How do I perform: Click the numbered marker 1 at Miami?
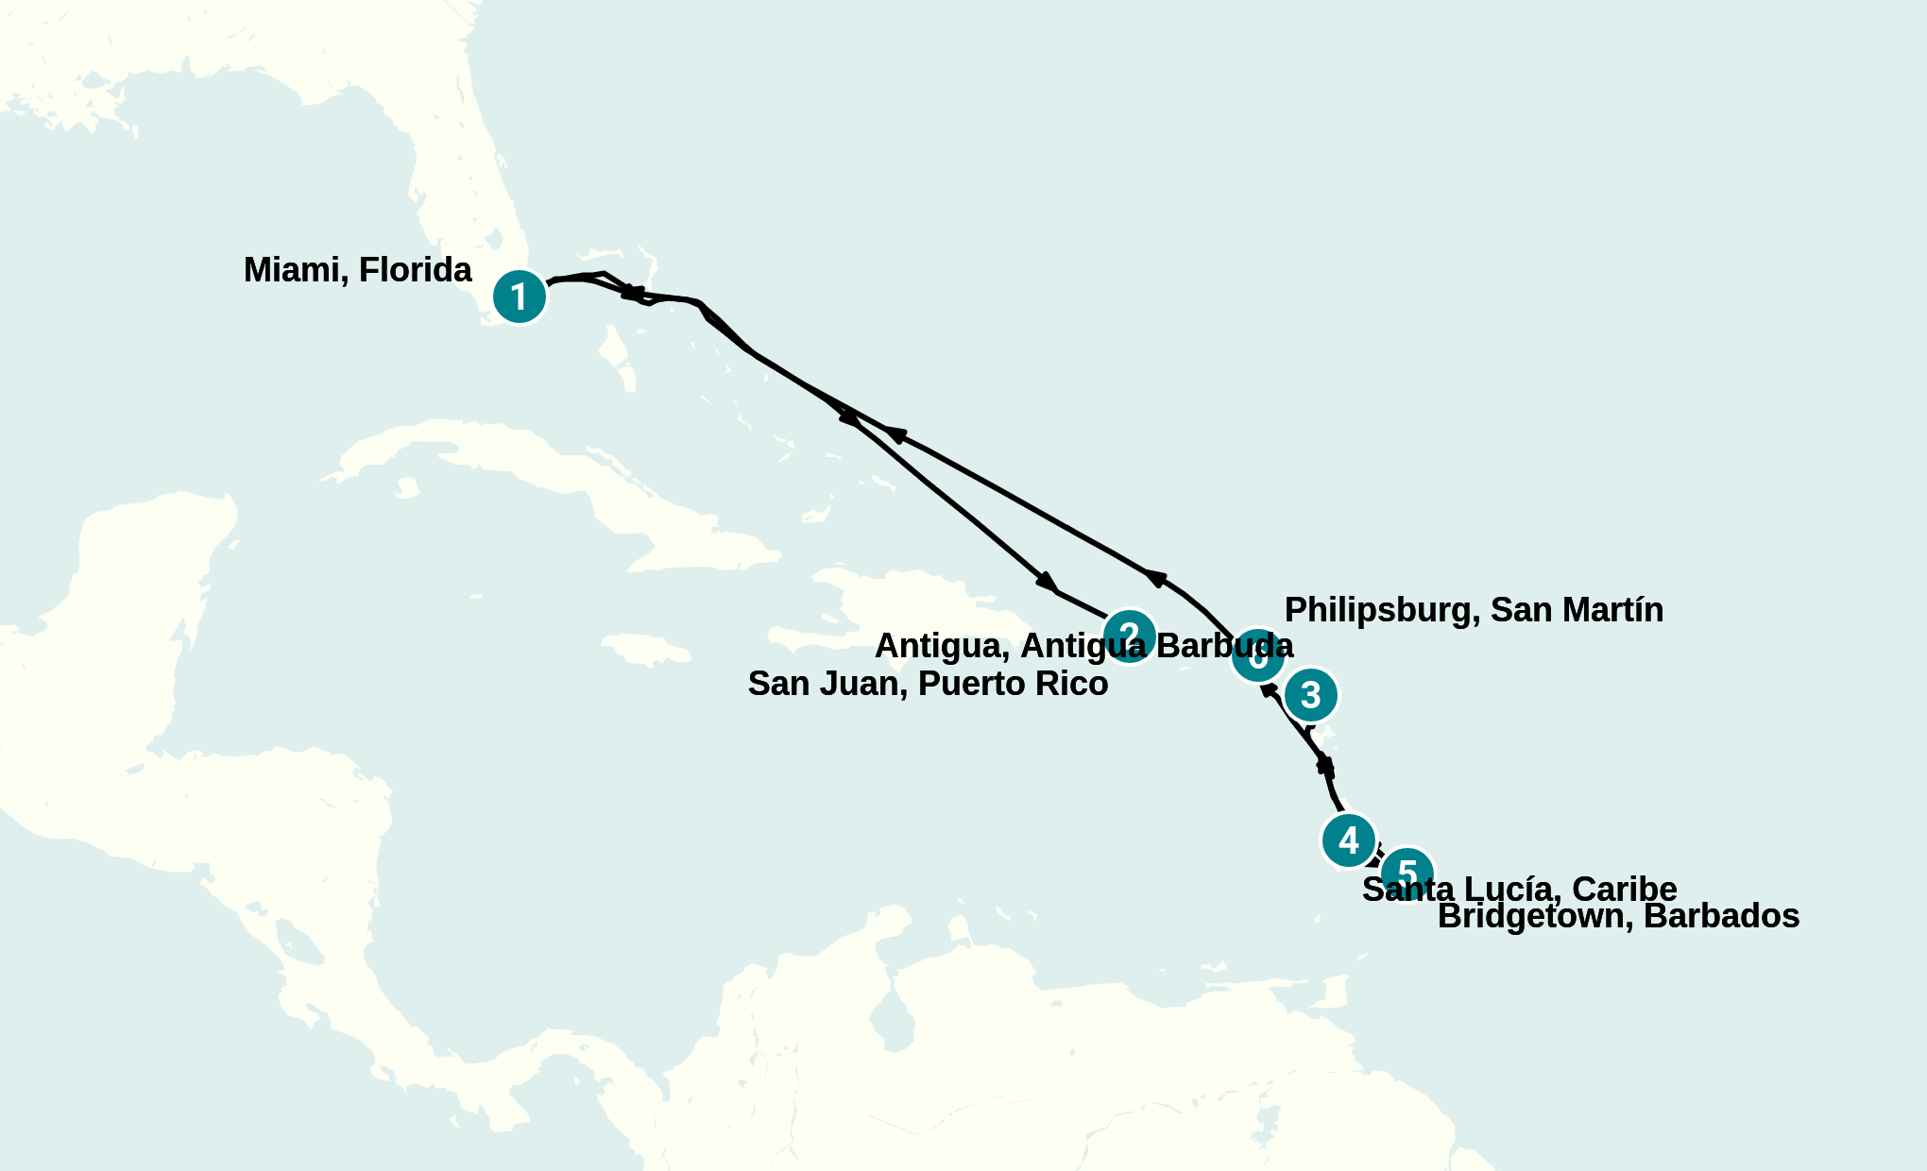(520, 297)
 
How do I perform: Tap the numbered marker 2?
(1129, 636)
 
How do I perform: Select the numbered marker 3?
(1311, 695)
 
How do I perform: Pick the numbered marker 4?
(1348, 840)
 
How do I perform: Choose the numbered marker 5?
(1407, 873)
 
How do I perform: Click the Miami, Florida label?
(357, 270)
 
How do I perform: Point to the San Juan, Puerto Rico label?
(928, 684)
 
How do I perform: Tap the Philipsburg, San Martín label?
(1474, 610)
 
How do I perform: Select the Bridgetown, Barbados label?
(1618, 916)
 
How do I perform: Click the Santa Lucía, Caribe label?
(1519, 890)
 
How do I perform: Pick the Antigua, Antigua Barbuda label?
(1083, 646)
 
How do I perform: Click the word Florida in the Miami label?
(415, 270)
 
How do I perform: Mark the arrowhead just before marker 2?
(1048, 582)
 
